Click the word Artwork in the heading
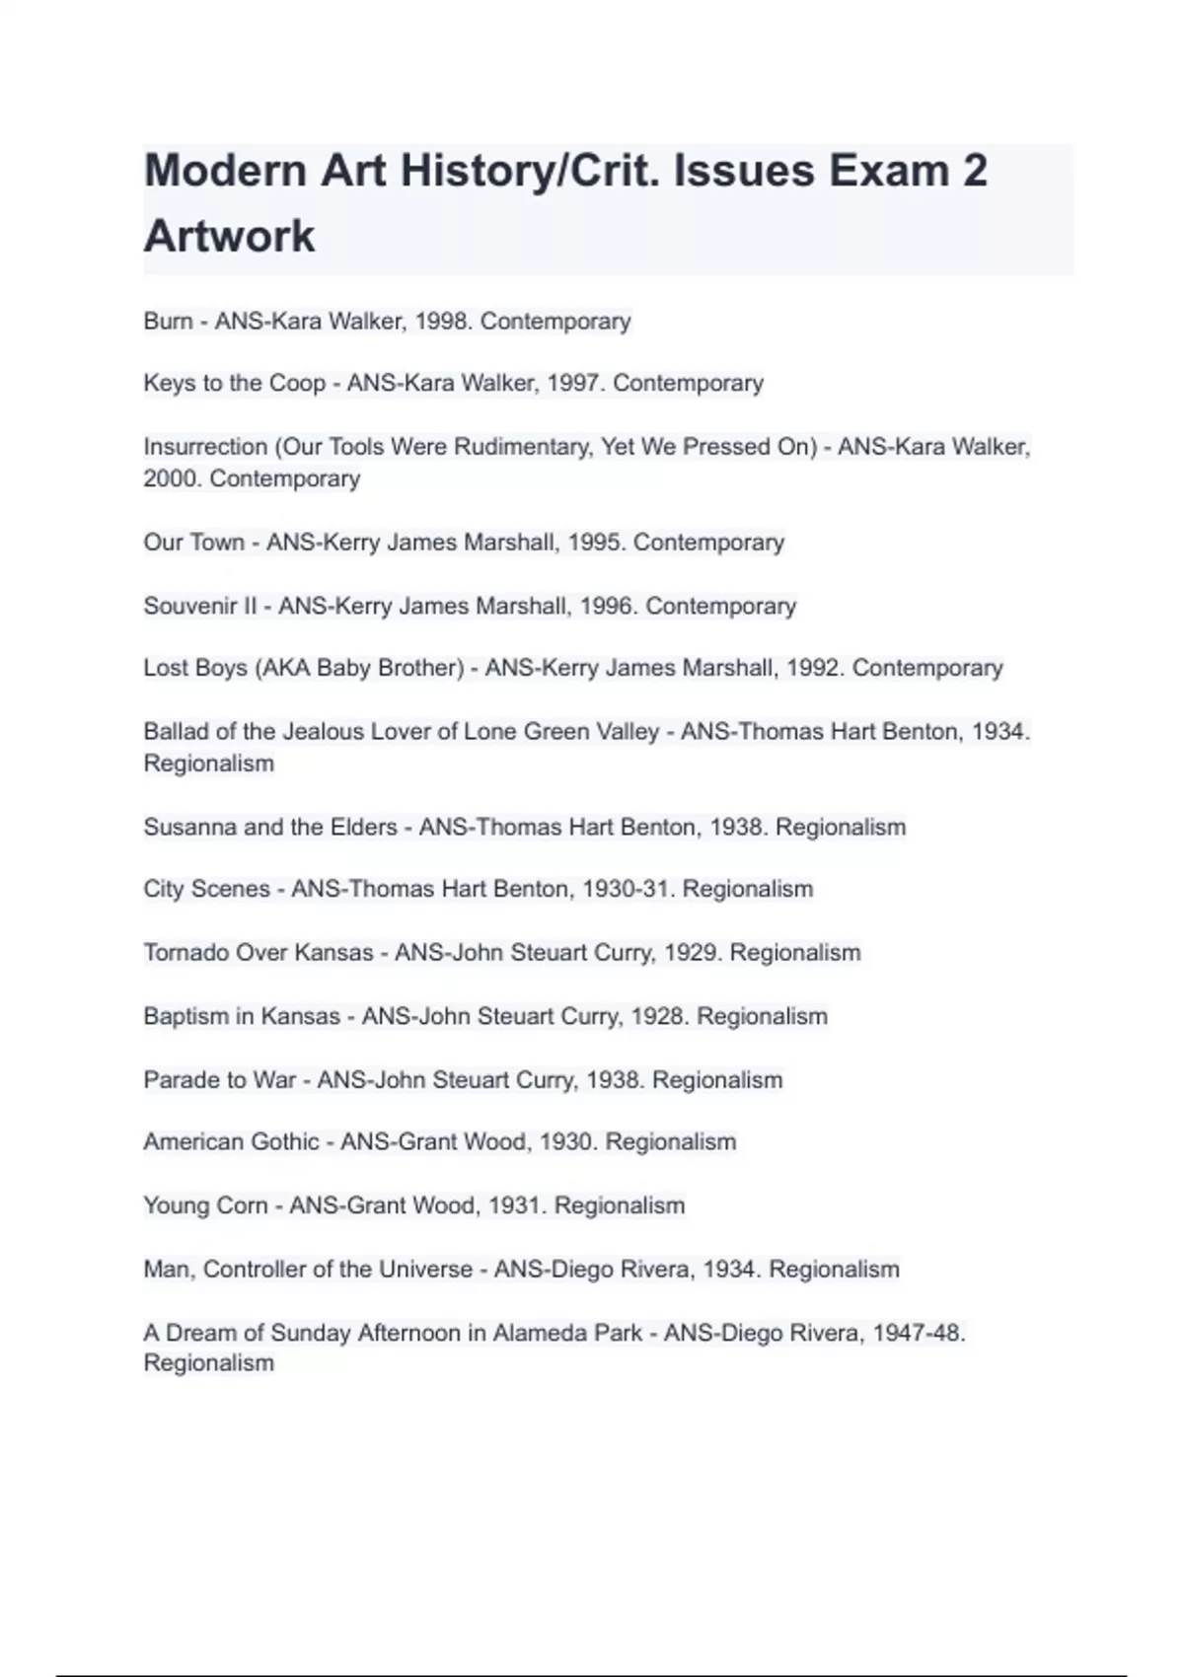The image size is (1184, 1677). click(x=229, y=237)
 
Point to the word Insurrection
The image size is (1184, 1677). click(x=205, y=447)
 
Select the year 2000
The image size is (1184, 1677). click(x=172, y=478)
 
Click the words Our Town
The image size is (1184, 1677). click(x=193, y=543)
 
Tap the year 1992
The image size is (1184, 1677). click(x=814, y=668)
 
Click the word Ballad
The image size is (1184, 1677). click(x=176, y=732)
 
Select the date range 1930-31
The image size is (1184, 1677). click(x=627, y=889)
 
